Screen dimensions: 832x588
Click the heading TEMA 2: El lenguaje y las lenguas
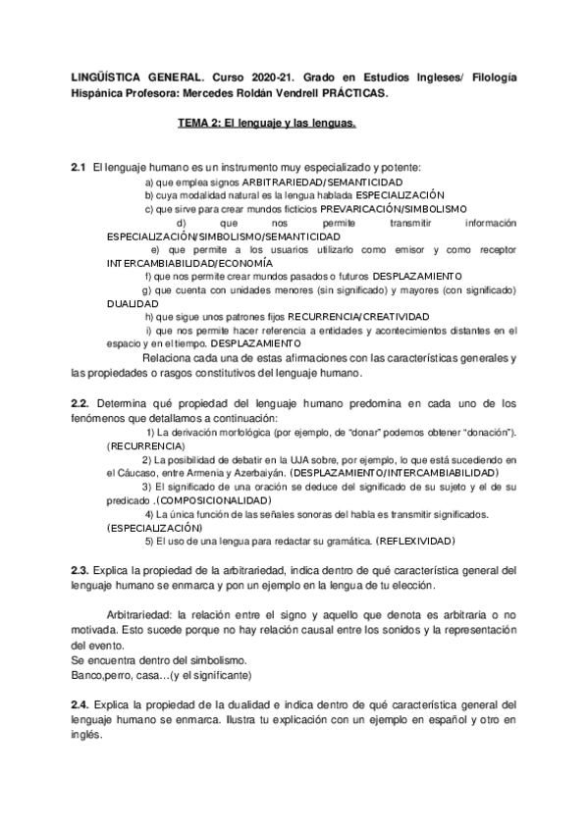point(266,125)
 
